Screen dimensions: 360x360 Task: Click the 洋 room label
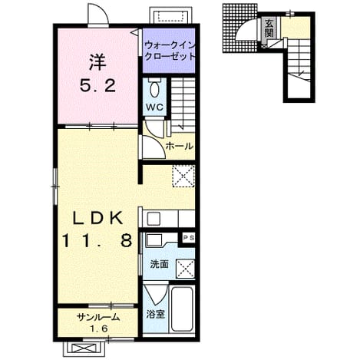97,63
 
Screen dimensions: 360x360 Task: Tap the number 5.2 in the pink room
97,86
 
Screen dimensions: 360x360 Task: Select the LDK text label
97,219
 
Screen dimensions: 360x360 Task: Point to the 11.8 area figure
97,240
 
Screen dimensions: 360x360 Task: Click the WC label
154,107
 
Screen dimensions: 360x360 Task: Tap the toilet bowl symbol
154,88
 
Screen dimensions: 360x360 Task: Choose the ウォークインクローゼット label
169,51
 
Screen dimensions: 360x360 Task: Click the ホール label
179,147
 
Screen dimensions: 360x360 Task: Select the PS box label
188,238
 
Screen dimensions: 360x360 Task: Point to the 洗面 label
159,264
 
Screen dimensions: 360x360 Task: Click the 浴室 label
155,314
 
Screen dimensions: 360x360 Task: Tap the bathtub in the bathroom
182,309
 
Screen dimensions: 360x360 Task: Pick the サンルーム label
98,318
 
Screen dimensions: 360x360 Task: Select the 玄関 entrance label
269,28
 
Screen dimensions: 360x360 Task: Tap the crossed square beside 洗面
186,269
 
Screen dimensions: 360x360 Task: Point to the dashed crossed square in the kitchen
183,177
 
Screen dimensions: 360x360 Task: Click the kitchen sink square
154,219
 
